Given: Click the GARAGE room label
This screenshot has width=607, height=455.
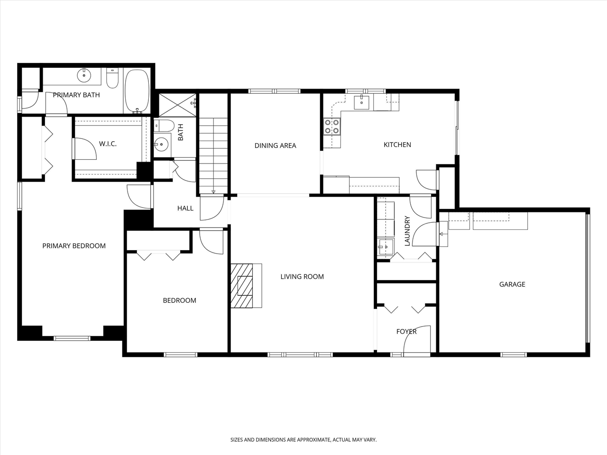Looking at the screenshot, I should [x=512, y=284].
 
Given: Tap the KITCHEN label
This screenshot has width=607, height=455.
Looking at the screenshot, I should [x=397, y=145].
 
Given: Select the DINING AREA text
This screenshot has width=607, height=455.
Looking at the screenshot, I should [x=275, y=146].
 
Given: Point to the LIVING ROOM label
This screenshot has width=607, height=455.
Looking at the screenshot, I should [x=302, y=276].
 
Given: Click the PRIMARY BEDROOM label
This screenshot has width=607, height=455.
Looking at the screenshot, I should [x=74, y=246].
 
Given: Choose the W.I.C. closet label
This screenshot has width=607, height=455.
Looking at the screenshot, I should [x=108, y=144].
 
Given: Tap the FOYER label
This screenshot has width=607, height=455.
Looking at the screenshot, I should [x=406, y=331].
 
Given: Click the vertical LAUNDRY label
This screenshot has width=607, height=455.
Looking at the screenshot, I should [x=407, y=231].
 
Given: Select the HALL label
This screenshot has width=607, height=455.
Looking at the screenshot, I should [x=185, y=208].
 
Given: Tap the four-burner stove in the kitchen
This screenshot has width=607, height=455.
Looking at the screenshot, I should [x=331, y=126].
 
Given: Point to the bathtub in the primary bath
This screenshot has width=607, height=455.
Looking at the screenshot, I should [x=137, y=91].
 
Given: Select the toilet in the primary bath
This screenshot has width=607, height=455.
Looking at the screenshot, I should [x=112, y=79].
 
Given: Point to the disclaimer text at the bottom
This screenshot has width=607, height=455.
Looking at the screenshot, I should [x=303, y=440].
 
